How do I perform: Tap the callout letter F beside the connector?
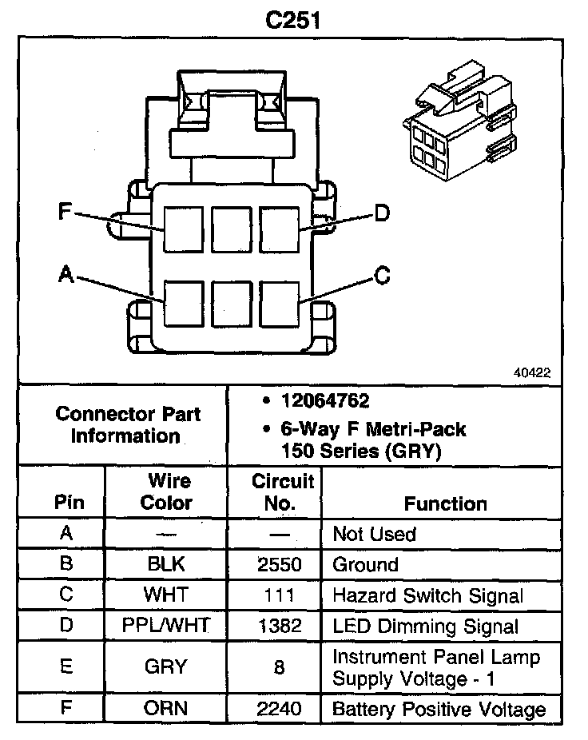[66, 212]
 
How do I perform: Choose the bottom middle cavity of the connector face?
[232, 304]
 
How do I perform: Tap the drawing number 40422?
[532, 372]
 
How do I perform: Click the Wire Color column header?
[166, 492]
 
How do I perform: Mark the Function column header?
[445, 503]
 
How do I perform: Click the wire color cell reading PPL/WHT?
[166, 626]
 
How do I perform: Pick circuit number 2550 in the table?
[279, 564]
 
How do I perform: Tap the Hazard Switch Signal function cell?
[427, 595]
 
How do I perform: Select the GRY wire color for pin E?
[166, 666]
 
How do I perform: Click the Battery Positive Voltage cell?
[439, 709]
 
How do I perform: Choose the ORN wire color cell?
[166, 709]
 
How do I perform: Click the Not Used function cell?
[374, 534]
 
